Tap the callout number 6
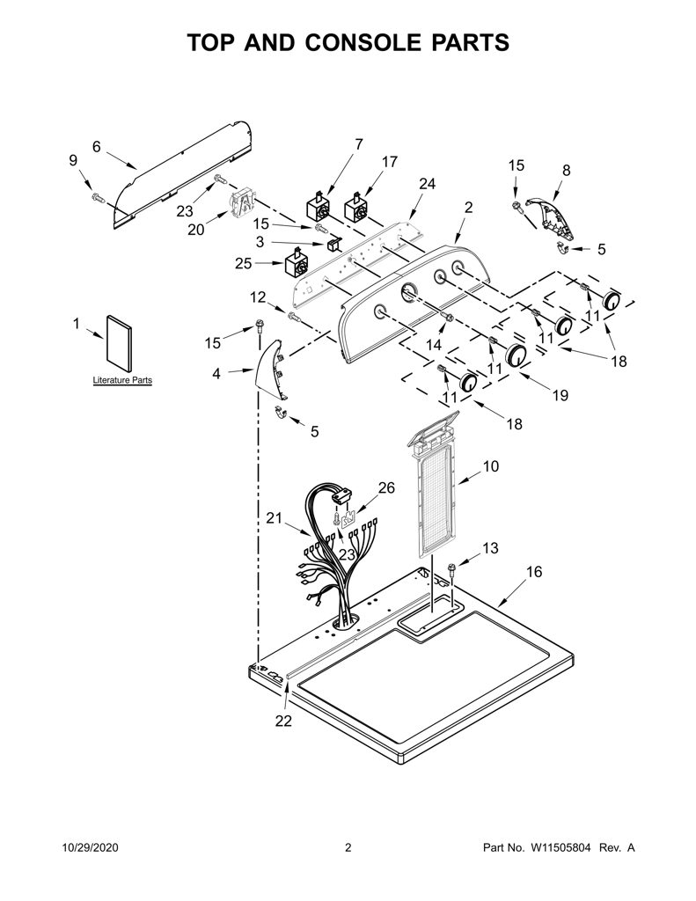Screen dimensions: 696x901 coord(97,147)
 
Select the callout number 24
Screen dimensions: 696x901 coord(427,184)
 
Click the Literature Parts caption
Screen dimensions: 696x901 coord(122,380)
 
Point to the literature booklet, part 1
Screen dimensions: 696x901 coord(119,343)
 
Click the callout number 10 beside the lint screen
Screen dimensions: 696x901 coord(491,466)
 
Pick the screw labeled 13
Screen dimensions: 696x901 coord(451,572)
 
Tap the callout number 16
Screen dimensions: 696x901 coord(534,572)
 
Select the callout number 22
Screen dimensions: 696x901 coord(283,721)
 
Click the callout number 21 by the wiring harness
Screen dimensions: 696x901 coord(275,517)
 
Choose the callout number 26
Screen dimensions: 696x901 coord(386,487)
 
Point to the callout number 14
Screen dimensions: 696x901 coord(433,345)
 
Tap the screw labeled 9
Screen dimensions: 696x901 coord(97,198)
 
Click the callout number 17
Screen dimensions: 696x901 coord(390,162)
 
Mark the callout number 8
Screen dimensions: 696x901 coord(566,171)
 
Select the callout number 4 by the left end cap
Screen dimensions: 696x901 coord(216,373)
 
